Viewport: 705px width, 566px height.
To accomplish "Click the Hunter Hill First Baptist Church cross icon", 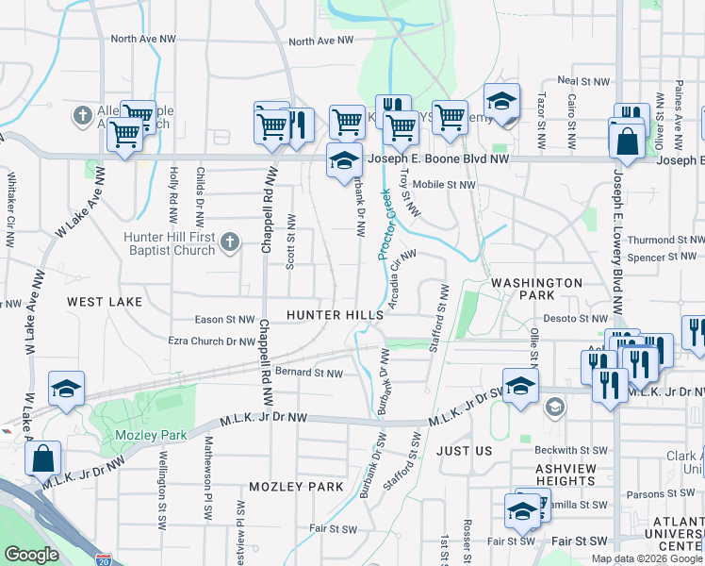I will tap(229, 243).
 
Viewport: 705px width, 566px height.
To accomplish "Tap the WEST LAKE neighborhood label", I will tap(105, 302).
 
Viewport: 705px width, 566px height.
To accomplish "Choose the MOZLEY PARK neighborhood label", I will tap(296, 487).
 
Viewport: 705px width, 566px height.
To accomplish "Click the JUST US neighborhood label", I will tap(465, 451).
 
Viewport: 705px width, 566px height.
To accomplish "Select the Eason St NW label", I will tap(224, 320).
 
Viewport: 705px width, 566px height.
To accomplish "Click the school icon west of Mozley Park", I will tap(66, 389).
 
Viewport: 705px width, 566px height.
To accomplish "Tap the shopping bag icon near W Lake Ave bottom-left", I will tap(43, 459).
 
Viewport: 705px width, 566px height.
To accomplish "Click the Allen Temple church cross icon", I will tap(82, 116).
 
